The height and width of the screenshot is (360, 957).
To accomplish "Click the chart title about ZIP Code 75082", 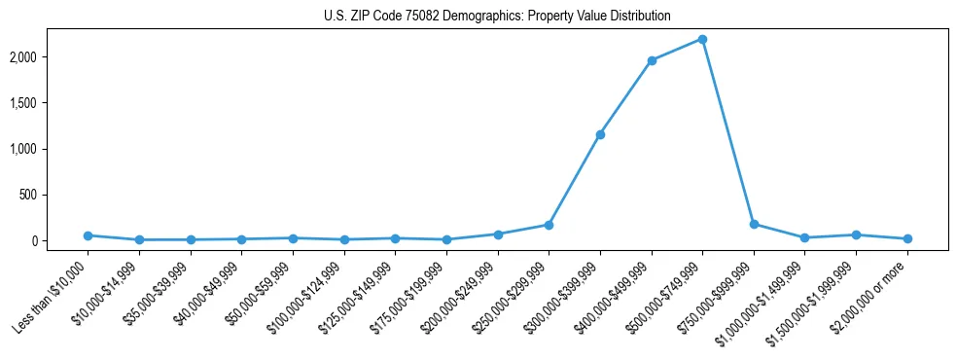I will pyautogui.click(x=497, y=17).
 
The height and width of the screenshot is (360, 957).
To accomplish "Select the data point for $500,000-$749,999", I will pyautogui.click(x=702, y=40).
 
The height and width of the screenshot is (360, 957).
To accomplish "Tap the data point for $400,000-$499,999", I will pyautogui.click(x=652, y=60).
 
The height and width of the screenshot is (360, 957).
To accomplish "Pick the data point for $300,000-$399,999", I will pyautogui.click(x=600, y=134).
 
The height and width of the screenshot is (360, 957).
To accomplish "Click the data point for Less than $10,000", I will pyautogui.click(x=89, y=235).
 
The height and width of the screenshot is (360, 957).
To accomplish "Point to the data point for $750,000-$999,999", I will pyautogui.click(x=754, y=224).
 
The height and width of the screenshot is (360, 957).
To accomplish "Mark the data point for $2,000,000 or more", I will pyautogui.click(x=907, y=238).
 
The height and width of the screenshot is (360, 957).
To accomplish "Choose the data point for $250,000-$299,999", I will pyautogui.click(x=549, y=225).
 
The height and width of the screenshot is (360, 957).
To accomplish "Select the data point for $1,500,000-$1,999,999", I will pyautogui.click(x=856, y=234).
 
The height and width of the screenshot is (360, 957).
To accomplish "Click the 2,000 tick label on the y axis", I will pyautogui.click(x=48, y=57).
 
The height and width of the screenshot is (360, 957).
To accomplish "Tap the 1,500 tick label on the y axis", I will pyautogui.click(x=48, y=103).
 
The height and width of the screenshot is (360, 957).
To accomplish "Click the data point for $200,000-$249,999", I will pyautogui.click(x=498, y=234).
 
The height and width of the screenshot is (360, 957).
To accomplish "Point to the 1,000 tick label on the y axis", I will pyautogui.click(x=48, y=149).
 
